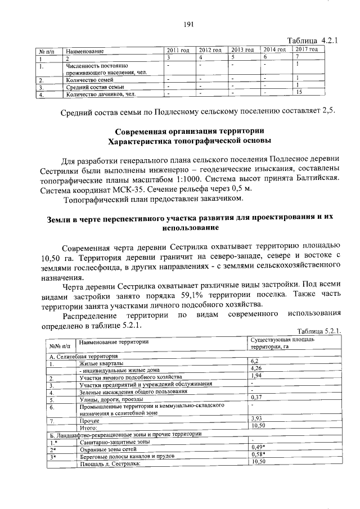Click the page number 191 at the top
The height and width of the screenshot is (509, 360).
[x=188, y=24]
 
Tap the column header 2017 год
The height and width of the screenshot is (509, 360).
[x=307, y=49]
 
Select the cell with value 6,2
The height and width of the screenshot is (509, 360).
[x=254, y=361]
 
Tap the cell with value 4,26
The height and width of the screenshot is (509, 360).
[x=256, y=368]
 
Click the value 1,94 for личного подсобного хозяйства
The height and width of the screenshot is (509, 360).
[x=256, y=376]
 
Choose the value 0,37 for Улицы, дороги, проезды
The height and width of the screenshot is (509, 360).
[x=256, y=397]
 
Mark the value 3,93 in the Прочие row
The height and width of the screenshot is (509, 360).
[x=256, y=418]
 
